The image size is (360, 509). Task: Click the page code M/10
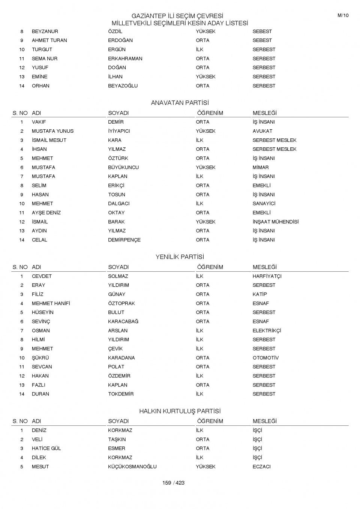click(x=343, y=15)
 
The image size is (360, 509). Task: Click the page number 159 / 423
click(x=173, y=483)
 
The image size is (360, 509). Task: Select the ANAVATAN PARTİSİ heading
click(x=180, y=103)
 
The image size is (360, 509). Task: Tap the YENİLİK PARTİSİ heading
click(x=180, y=257)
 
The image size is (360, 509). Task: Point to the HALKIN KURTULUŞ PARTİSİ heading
click(x=180, y=411)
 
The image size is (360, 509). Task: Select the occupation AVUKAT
click(x=262, y=131)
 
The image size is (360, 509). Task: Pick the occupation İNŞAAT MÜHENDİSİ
click(x=275, y=222)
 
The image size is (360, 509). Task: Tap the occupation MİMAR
click(x=260, y=168)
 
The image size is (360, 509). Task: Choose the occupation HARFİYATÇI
click(x=267, y=276)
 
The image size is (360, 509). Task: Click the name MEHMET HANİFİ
click(x=51, y=304)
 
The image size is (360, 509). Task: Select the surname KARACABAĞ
click(x=123, y=322)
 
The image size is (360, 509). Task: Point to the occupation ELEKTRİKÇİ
click(x=267, y=331)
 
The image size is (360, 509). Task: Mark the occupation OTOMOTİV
click(x=265, y=358)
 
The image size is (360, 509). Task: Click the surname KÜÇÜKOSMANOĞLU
click(x=132, y=467)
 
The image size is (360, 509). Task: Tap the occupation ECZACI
click(x=261, y=467)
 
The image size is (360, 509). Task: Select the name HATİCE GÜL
click(x=46, y=448)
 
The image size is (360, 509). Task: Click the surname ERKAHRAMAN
click(x=125, y=59)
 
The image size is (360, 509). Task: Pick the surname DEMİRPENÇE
click(x=124, y=240)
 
